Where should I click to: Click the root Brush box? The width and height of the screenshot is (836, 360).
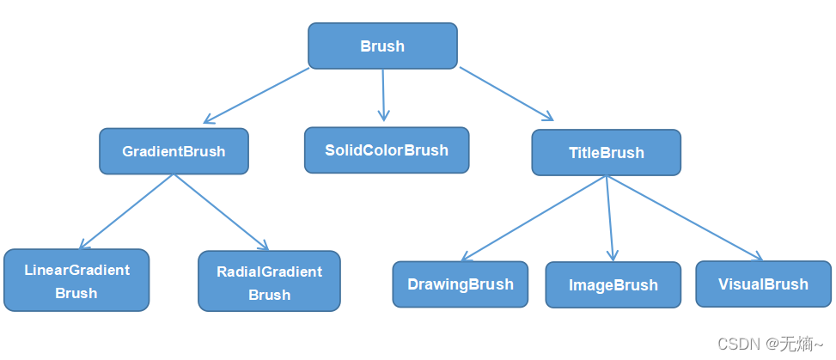tap(382, 46)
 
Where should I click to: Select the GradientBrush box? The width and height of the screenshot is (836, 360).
tap(174, 151)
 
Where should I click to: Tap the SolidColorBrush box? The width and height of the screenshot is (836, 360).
tap(387, 150)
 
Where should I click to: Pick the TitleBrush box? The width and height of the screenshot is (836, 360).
tap(606, 153)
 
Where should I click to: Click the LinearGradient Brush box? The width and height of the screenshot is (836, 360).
tap(76, 280)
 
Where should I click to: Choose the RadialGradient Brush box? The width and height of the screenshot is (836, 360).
tap(269, 281)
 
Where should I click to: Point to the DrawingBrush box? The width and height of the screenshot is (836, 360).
tap(461, 284)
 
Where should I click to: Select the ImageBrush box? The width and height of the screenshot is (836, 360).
tap(613, 285)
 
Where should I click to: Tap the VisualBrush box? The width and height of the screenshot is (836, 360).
tap(763, 284)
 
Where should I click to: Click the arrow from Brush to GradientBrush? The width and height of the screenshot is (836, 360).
tap(256, 95)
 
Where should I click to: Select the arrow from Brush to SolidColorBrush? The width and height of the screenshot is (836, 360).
tap(383, 95)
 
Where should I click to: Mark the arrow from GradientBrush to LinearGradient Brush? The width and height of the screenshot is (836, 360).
tap(127, 211)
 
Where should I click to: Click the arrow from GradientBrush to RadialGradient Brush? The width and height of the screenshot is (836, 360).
tap(222, 211)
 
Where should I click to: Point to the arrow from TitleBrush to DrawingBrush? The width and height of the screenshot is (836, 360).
tap(534, 218)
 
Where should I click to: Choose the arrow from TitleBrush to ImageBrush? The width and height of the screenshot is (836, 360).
tap(610, 218)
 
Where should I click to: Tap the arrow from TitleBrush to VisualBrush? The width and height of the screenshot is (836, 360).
tap(685, 218)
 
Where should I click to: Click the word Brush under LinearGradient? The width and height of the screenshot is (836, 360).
tap(76, 293)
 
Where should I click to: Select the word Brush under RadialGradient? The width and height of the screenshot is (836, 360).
tap(269, 295)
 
